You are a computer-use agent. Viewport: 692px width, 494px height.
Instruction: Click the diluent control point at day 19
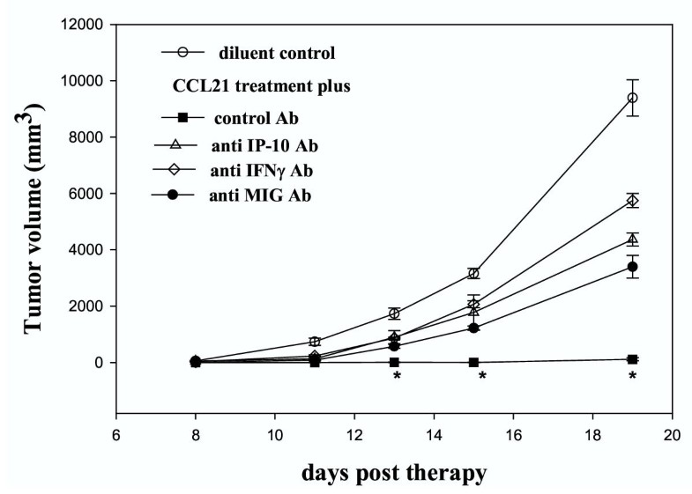click(632, 98)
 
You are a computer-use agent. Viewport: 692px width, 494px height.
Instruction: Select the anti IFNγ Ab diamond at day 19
click(632, 201)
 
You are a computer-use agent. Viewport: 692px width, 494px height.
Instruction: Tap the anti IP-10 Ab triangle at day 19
click(632, 240)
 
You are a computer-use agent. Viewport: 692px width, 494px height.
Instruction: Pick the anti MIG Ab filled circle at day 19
click(632, 266)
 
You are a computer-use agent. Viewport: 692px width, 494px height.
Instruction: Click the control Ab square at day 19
click(632, 359)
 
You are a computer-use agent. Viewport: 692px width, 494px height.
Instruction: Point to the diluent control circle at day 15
click(473, 273)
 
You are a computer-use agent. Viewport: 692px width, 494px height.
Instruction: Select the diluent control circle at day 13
click(394, 313)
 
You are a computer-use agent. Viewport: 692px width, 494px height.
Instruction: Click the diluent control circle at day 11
click(315, 341)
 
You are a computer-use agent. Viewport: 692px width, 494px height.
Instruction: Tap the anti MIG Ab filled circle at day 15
click(473, 328)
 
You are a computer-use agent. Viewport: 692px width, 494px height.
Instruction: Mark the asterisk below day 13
click(398, 378)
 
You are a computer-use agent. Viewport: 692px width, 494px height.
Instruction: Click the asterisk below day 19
click(632, 378)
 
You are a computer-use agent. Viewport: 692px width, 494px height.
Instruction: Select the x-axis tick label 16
click(513, 434)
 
